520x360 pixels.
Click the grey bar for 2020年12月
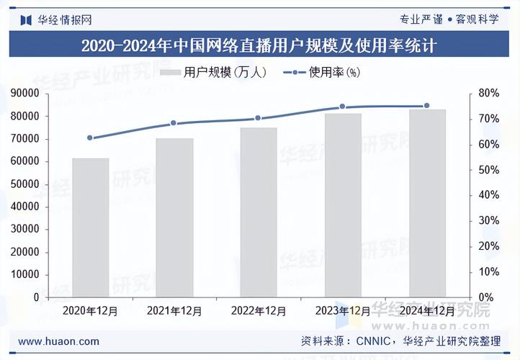[x=91, y=228]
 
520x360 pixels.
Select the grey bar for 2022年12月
[x=259, y=212]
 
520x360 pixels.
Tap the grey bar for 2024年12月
[x=428, y=203]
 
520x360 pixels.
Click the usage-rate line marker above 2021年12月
[x=174, y=123]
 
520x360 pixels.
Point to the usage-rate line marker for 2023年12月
[x=343, y=107]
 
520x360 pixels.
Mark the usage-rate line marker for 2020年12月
[x=90, y=138]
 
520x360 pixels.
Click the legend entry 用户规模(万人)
[x=213, y=72]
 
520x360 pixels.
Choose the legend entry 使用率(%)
[x=322, y=72]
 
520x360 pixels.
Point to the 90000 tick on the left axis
[x=25, y=93]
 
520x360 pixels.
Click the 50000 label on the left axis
[x=25, y=184]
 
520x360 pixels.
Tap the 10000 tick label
[x=25, y=274]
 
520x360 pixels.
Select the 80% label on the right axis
[x=488, y=93]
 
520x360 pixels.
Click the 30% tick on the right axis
[x=488, y=220]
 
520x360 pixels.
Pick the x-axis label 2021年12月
[x=174, y=311]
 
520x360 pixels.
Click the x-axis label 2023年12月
[x=343, y=311]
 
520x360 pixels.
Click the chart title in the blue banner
[x=259, y=45]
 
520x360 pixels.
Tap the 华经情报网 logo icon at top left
[x=26, y=20]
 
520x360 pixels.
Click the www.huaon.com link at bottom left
[x=59, y=341]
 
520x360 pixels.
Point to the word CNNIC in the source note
[x=373, y=341]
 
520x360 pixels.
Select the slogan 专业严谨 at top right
[x=421, y=19]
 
